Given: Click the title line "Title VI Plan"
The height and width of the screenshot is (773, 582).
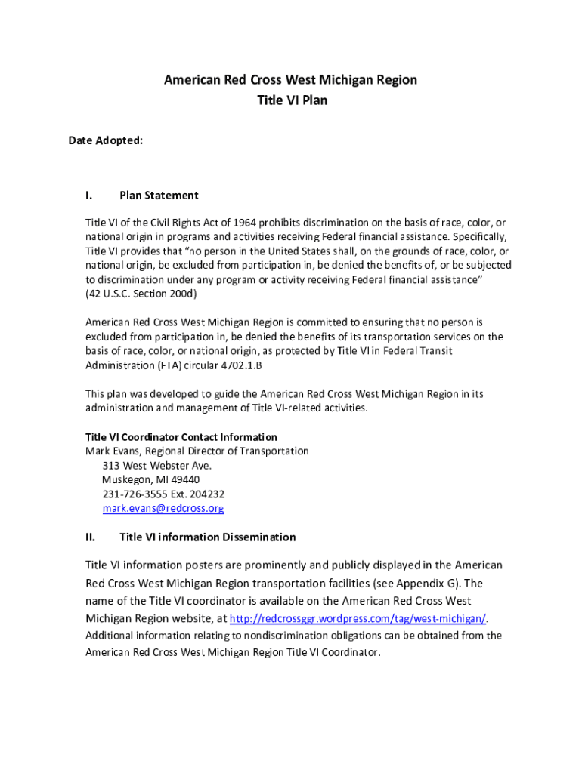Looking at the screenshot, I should tap(291, 100).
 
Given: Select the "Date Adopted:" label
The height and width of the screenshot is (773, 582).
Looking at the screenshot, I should tap(106, 140).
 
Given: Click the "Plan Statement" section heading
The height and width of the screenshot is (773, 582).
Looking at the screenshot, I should tap(159, 196).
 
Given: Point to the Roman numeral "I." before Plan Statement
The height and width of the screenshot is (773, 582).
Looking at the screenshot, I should tap(89, 196).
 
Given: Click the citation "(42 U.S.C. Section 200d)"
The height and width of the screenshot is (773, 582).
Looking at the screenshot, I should tap(141, 294).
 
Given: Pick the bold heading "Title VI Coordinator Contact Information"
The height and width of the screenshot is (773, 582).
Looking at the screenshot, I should tap(181, 437).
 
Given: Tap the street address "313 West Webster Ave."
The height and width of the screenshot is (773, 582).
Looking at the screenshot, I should tap(156, 466).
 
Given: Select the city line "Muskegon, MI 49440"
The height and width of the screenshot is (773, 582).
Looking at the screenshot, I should tap(150, 480).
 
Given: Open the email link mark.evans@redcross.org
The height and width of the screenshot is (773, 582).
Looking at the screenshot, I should tap(163, 509).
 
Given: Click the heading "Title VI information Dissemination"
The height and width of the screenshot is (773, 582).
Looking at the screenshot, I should tap(207, 537).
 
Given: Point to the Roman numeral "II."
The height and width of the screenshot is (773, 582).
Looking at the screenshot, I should tap(90, 537).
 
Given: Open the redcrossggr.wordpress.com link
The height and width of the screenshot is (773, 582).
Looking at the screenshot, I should tap(358, 619).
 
